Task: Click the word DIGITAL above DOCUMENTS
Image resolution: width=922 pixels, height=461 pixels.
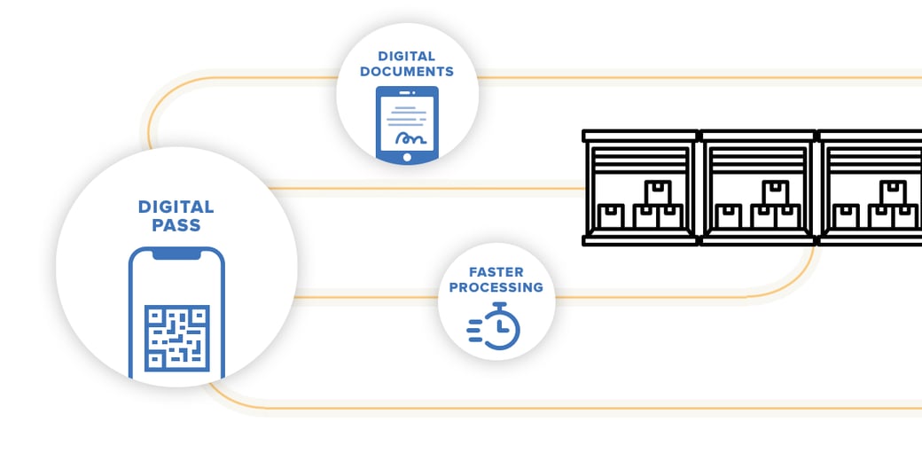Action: pyautogui.click(x=407, y=57)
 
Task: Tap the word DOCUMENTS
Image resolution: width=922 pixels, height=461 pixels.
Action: pyautogui.click(x=407, y=72)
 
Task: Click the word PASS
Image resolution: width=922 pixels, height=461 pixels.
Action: pyautogui.click(x=176, y=225)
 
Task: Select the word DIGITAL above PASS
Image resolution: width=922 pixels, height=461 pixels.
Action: pyautogui.click(x=176, y=207)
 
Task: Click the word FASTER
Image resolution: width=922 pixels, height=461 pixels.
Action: pyautogui.click(x=496, y=272)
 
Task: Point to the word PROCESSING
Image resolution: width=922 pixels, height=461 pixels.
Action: pyautogui.click(x=496, y=287)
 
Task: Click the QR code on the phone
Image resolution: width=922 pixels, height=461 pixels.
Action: pyautogui.click(x=177, y=338)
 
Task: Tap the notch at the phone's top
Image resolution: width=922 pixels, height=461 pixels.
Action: pyautogui.click(x=176, y=254)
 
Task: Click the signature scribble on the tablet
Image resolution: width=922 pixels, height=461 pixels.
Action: pyautogui.click(x=410, y=139)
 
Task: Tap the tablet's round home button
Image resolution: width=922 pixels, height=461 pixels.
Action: pyautogui.click(x=407, y=157)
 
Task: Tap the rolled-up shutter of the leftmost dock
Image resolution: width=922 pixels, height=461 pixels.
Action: pyautogui.click(x=640, y=160)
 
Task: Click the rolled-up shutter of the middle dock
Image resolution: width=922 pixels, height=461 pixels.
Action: pyautogui.click(x=757, y=160)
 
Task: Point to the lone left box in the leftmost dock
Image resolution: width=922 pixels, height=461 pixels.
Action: pyautogui.click(x=611, y=216)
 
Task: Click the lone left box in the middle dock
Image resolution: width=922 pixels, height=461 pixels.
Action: pyautogui.click(x=729, y=216)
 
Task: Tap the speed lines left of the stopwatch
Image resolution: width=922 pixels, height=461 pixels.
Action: pyautogui.click(x=475, y=331)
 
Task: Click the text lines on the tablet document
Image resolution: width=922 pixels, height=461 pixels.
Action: pyautogui.click(x=407, y=114)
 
